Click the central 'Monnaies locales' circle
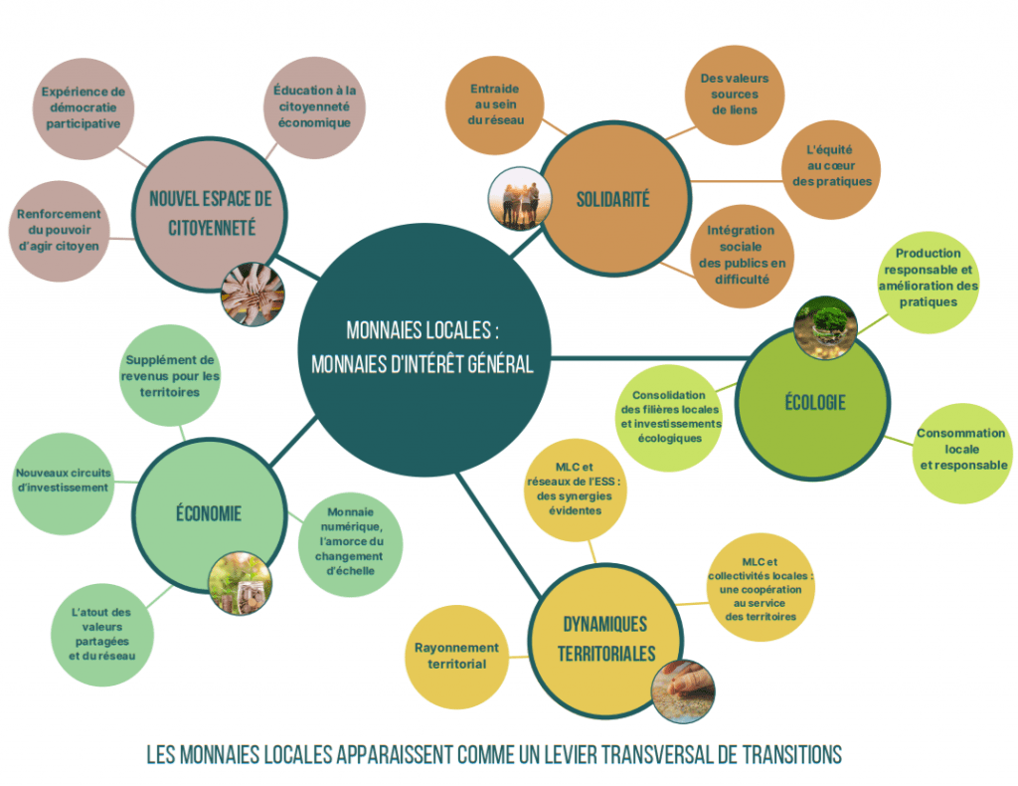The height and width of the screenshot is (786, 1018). click(x=424, y=349)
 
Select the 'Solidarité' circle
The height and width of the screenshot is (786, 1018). click(x=614, y=199)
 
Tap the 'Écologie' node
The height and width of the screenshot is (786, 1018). click(x=813, y=403)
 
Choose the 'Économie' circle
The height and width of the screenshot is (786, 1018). click(x=209, y=514)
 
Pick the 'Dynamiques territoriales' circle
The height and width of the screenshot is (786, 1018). click(x=605, y=639)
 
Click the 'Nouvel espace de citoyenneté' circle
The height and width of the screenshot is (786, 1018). click(x=210, y=214)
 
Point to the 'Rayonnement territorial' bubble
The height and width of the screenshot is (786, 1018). click(x=456, y=657)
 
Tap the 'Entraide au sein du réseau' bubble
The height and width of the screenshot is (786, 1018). click(x=495, y=104)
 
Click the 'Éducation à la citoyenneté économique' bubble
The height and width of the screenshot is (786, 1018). click(x=314, y=107)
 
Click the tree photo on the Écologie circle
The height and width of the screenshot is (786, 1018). click(x=825, y=328)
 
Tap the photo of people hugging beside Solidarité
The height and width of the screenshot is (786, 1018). click(x=520, y=199)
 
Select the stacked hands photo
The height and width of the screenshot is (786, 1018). click(x=253, y=294)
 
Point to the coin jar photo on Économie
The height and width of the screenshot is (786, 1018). click(x=240, y=583)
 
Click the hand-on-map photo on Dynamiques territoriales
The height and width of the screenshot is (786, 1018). click(x=683, y=691)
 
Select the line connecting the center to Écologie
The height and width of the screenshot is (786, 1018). click(x=649, y=358)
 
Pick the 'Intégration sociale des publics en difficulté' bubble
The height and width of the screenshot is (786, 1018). click(x=742, y=256)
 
